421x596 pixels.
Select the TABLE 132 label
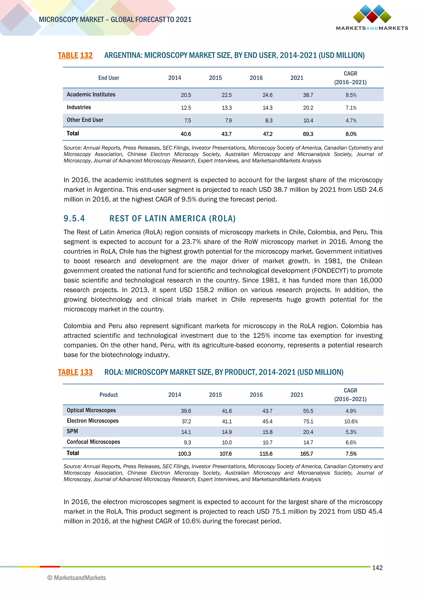click(75, 55)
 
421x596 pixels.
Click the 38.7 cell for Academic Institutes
click(308, 95)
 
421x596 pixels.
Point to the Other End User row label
click(85, 120)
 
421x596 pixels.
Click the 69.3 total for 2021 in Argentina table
click(308, 134)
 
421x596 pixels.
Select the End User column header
click(108, 78)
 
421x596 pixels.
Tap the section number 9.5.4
click(74, 218)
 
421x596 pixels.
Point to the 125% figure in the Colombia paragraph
click(261, 335)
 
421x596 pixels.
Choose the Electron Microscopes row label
click(93, 421)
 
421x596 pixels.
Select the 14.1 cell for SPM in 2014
click(186, 432)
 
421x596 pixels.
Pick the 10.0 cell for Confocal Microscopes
click(227, 442)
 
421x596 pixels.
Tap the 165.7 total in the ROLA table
click(306, 454)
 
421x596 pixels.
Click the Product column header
click(108, 395)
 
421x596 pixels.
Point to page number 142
click(377, 568)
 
